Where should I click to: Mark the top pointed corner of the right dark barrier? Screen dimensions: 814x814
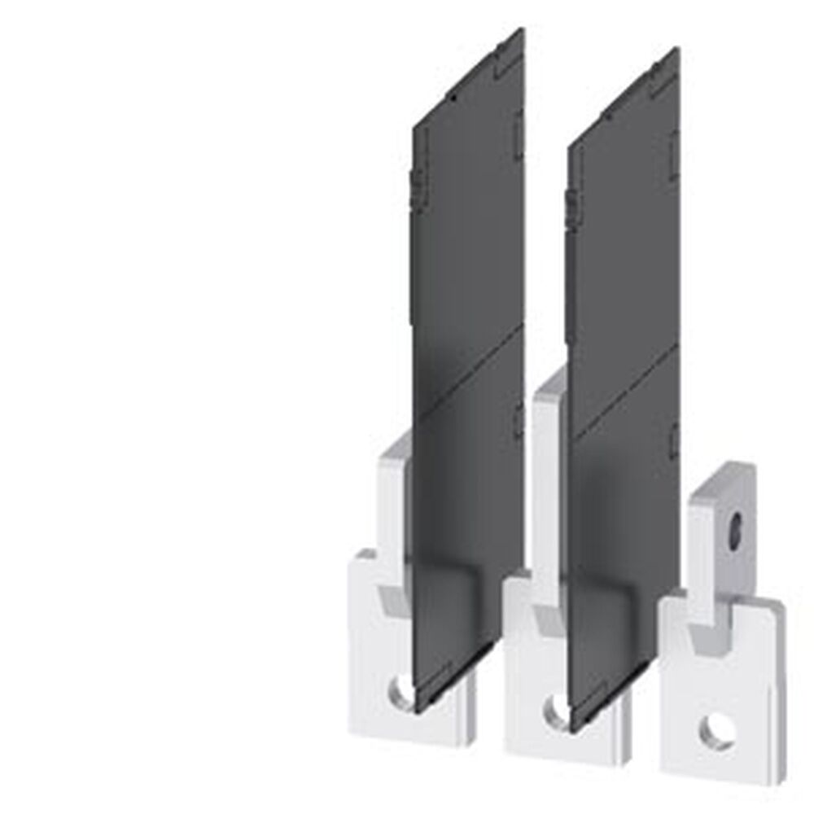coord(677,49)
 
